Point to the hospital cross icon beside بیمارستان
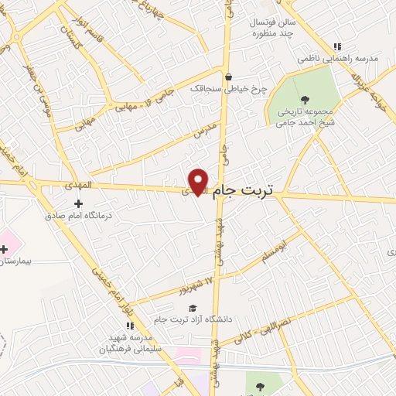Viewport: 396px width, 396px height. tap(5, 249)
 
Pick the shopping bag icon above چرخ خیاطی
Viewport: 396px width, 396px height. tap(228, 77)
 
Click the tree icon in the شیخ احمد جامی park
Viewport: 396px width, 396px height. tap(306, 98)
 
